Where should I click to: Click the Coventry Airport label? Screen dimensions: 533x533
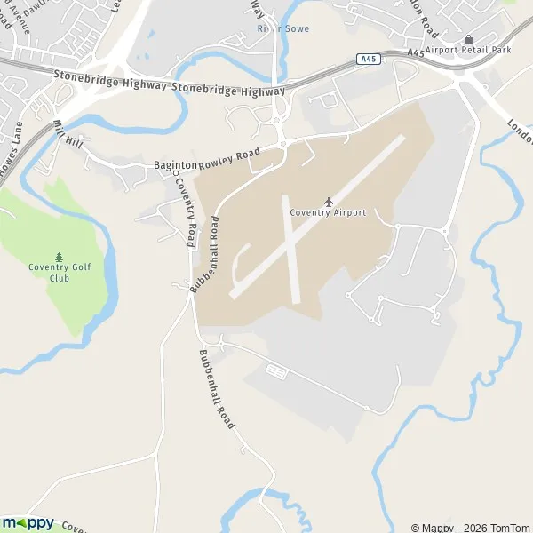[328, 213]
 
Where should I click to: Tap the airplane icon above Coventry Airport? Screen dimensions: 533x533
[329, 202]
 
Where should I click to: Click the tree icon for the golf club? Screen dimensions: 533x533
[60, 256]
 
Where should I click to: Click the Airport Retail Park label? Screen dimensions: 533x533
[468, 51]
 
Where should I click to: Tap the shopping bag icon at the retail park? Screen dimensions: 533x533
[468, 39]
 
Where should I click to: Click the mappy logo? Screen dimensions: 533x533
[28, 522]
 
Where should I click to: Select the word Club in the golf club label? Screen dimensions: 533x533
[60, 278]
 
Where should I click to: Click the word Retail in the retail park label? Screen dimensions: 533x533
[476, 51]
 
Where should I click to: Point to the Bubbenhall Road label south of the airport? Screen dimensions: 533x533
[217, 387]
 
